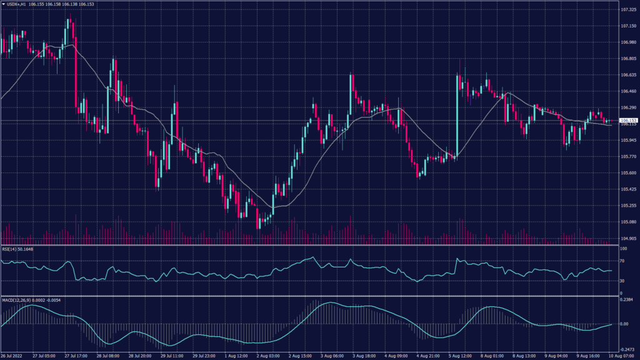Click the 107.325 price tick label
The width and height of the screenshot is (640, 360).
[627, 10]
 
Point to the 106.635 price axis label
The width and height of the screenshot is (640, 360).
[627, 75]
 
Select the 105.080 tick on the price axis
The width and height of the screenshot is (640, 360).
[627, 221]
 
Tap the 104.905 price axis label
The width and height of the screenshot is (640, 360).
[627, 238]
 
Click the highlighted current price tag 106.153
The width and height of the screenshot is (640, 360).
[628, 120]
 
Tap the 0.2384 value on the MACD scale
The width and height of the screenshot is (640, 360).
[626, 299]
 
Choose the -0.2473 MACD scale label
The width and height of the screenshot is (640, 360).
[627, 350]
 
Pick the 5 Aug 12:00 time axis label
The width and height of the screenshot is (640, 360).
[459, 356]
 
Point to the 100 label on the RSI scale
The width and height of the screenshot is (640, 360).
[624, 249]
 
